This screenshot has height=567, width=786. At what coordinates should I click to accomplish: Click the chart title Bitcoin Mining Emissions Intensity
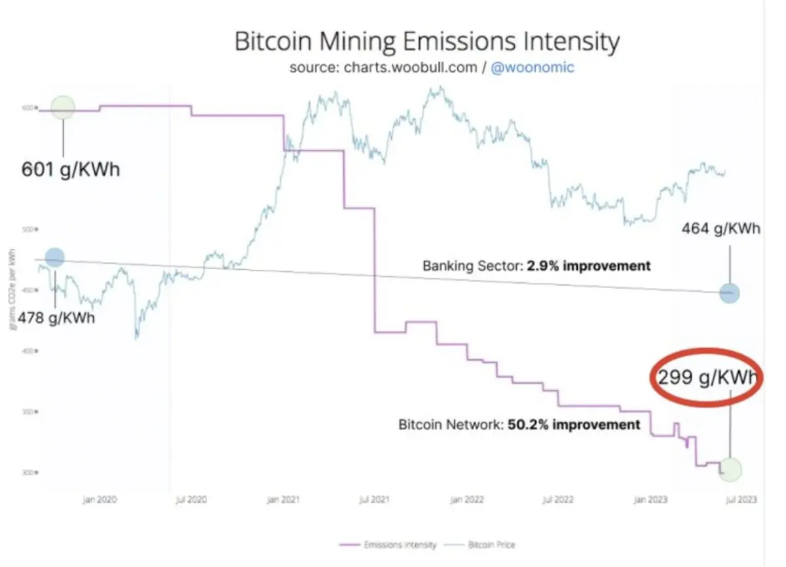pyautogui.click(x=426, y=43)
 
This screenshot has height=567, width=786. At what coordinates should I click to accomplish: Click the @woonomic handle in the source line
pyautogui.click(x=532, y=68)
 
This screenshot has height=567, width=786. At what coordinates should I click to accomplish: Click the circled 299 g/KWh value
pyautogui.click(x=707, y=378)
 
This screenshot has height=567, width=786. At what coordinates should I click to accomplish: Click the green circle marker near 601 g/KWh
pyautogui.click(x=63, y=107)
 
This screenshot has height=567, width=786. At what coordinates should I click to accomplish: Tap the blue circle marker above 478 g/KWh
pyautogui.click(x=54, y=257)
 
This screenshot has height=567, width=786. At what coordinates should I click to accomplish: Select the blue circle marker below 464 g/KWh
pyautogui.click(x=729, y=293)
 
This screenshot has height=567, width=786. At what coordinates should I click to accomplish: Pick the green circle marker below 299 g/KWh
pyautogui.click(x=730, y=469)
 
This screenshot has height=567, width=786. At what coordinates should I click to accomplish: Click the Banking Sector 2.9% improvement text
pyautogui.click(x=536, y=266)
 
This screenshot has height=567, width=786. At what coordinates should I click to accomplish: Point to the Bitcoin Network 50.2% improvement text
pyautogui.click(x=519, y=424)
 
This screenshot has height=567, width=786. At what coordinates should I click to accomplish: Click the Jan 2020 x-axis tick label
pyautogui.click(x=100, y=500)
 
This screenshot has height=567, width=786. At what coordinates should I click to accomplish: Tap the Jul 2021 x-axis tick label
pyautogui.click(x=374, y=500)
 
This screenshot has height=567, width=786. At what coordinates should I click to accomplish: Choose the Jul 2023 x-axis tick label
pyautogui.click(x=741, y=500)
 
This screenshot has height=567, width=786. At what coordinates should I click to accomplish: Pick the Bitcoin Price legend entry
pyautogui.click(x=481, y=545)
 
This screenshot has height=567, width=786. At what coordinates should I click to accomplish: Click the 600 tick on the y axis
pyautogui.click(x=28, y=107)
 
